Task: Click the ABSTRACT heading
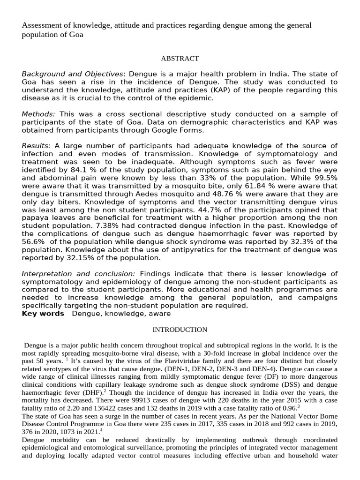point(180,59)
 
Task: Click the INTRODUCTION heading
point(180,330)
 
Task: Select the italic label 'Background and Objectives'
point(73,74)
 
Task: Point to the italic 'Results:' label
point(37,146)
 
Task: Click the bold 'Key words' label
point(43,314)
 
